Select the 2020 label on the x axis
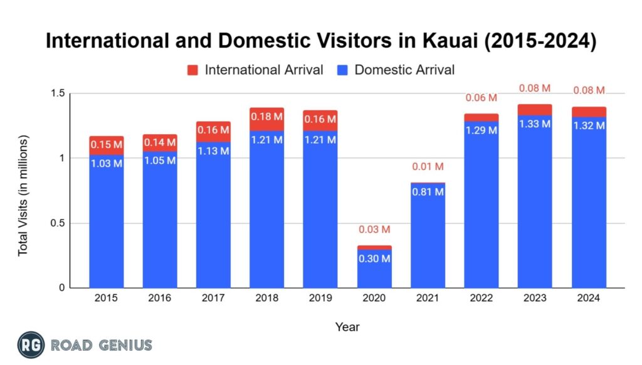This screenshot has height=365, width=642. click(374, 299)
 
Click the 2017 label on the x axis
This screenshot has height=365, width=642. click(213, 299)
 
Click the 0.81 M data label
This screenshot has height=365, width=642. click(428, 192)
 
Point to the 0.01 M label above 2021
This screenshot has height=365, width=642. click(428, 167)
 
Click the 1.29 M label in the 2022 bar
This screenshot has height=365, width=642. click(481, 130)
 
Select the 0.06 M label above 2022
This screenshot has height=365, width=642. click(481, 98)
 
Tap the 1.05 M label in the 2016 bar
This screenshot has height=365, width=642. click(160, 161)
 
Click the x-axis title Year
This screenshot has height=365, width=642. click(347, 326)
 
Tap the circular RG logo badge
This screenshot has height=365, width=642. click(31, 344)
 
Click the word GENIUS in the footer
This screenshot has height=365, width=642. click(122, 345)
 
